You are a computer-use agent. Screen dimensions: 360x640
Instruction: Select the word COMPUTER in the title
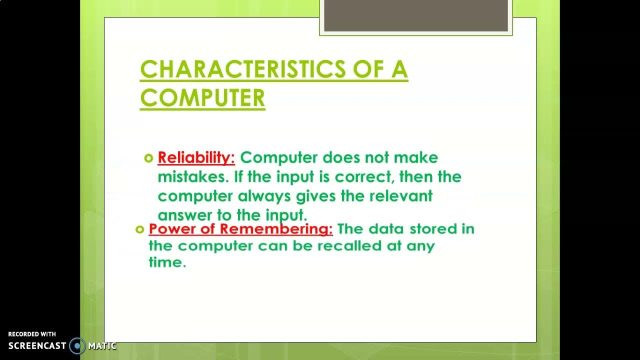[202, 98]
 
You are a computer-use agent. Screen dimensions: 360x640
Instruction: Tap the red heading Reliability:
[196, 158]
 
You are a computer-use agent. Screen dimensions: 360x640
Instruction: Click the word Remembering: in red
[276, 229]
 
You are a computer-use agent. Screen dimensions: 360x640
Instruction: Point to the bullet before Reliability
[148, 158]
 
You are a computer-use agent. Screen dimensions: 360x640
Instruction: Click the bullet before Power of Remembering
[139, 229]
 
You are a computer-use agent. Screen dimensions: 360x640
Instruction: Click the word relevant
[400, 196]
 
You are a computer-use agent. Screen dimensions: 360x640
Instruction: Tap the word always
[264, 196]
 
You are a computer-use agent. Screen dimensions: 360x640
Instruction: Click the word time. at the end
[167, 262]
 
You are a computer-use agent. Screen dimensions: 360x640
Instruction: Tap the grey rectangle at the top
[416, 15]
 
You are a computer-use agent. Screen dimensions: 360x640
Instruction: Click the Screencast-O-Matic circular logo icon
[77, 345]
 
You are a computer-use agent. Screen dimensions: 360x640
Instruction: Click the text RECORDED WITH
[32, 334]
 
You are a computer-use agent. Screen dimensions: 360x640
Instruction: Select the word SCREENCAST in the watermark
[37, 345]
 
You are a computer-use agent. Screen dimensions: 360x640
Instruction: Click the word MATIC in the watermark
[102, 345]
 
